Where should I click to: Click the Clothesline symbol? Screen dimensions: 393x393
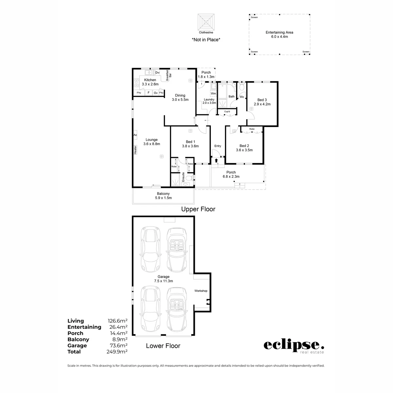[206, 22]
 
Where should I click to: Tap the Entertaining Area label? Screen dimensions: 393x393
[279, 34]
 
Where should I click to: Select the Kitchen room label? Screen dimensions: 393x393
[150, 82]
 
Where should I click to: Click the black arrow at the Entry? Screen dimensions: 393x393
[216, 160]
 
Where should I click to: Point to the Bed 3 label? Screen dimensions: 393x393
[262, 102]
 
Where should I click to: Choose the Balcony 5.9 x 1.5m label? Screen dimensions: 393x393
[163, 196]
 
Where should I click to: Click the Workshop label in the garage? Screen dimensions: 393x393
[201, 291]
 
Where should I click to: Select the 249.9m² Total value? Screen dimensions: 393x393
[117, 352]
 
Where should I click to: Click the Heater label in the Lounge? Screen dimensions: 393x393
[135, 150]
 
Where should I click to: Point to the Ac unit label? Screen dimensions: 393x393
[135, 135]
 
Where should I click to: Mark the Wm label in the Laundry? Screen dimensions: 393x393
[213, 93]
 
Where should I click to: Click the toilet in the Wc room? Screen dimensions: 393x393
[242, 86]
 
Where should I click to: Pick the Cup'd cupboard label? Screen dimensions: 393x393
[227, 112]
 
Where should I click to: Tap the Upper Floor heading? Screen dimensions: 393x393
[198, 209]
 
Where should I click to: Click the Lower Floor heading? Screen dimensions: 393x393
[163, 346]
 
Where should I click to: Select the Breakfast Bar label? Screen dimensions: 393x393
[169, 75]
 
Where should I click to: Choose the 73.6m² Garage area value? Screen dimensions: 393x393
[118, 346]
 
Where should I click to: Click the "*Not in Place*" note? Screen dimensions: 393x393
[206, 40]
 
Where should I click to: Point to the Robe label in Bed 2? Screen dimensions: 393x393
[252, 129]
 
